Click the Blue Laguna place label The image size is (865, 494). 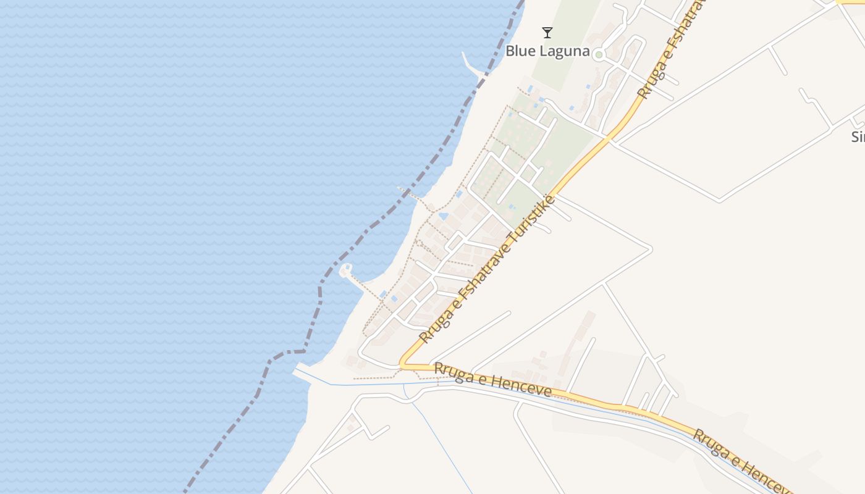(x=547, y=51)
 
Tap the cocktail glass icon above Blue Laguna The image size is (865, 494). (x=547, y=33)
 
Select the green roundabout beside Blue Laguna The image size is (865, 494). (x=598, y=55)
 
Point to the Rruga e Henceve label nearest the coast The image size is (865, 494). (x=492, y=379)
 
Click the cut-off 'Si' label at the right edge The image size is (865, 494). (x=858, y=136)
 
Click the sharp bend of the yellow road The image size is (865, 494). (x=402, y=365)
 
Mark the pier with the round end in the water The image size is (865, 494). (x=346, y=270)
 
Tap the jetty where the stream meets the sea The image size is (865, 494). (x=302, y=372)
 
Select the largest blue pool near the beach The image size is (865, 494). (x=443, y=217)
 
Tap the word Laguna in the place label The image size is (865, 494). (x=565, y=51)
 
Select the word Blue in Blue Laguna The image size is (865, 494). (x=519, y=51)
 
